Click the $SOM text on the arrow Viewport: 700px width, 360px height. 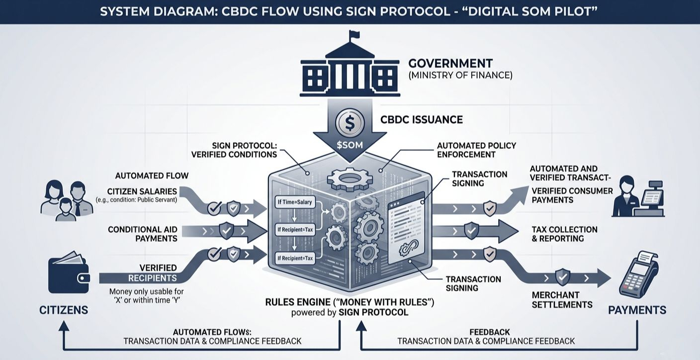pos(350,145)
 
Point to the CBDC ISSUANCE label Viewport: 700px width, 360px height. pos(421,120)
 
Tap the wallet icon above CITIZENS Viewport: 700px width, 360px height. pos(69,274)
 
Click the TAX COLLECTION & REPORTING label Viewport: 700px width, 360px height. pos(564,234)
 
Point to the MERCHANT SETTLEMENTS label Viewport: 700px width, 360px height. pos(562,300)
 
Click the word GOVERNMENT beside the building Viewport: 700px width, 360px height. pos(450,64)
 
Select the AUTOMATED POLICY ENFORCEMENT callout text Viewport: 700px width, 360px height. pos(476,150)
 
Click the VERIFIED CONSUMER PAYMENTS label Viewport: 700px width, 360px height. pos(572,195)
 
